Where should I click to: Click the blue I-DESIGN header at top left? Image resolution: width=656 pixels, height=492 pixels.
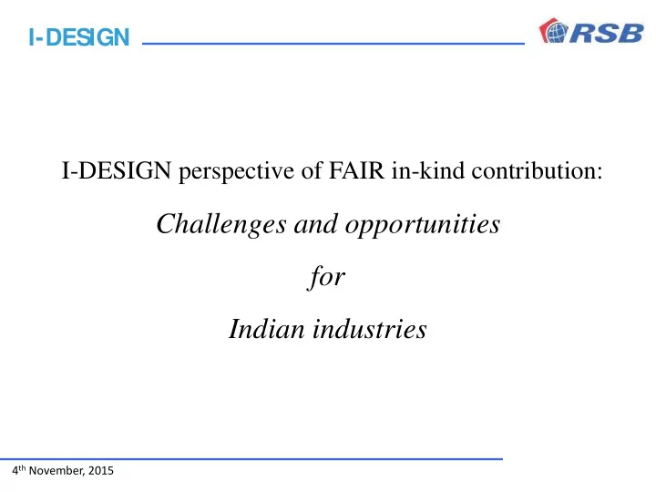79,37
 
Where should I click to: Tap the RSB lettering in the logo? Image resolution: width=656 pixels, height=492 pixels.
607,33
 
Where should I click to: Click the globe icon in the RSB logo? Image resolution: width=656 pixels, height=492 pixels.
555,32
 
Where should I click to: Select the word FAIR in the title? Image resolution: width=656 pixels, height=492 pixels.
356,170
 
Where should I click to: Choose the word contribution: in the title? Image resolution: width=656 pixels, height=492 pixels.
538,169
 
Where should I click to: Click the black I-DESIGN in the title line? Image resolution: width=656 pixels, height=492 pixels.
117,170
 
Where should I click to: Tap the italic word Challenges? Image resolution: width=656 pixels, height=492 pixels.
221,225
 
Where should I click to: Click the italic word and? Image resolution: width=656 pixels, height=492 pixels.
316,224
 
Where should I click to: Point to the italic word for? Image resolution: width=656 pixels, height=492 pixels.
326,277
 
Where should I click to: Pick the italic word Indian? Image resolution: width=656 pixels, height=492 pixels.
266,328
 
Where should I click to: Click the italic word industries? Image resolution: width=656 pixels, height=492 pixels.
370,328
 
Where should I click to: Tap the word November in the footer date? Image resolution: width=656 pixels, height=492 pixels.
56,471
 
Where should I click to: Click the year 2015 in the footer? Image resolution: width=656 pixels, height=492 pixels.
101,471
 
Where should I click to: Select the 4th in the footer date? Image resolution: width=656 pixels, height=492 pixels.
19,470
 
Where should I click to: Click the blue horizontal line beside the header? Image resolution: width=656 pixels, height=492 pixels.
333,43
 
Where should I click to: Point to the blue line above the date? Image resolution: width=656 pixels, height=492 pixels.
251,459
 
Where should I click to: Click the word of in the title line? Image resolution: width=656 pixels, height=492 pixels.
312,170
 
